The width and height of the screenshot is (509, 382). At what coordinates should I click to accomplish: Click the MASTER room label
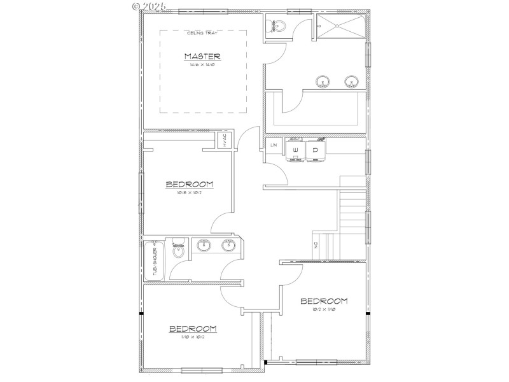pyautogui.click(x=203, y=57)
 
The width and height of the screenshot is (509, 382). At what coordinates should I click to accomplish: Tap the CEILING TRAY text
pyautogui.click(x=202, y=33)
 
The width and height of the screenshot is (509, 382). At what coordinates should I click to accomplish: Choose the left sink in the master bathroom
pyautogui.click(x=323, y=81)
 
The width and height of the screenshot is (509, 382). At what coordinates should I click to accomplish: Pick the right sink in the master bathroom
pyautogui.click(x=350, y=81)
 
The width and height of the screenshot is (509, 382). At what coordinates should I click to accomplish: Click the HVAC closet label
pyautogui.click(x=225, y=141)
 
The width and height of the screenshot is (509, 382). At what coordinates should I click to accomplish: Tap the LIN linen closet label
pyautogui.click(x=274, y=146)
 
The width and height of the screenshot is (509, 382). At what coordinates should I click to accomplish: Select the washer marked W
pyautogui.click(x=295, y=151)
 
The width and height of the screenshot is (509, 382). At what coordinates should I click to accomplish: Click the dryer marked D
pyautogui.click(x=315, y=151)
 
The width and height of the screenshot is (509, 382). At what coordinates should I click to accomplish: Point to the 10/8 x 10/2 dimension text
pyautogui.click(x=189, y=193)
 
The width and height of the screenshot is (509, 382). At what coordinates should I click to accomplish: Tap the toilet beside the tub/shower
pyautogui.click(x=179, y=251)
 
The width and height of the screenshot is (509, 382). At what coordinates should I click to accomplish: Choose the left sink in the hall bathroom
pyautogui.click(x=204, y=246)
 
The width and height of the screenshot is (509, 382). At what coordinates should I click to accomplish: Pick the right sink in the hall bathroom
pyautogui.click(x=228, y=246)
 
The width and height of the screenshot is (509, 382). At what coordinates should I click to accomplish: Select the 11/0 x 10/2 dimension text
pyautogui.click(x=192, y=337)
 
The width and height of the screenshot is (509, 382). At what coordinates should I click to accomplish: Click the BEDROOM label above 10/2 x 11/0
pyautogui.click(x=324, y=301)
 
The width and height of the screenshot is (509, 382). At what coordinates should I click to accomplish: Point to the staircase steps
pyautogui.click(x=351, y=216)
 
